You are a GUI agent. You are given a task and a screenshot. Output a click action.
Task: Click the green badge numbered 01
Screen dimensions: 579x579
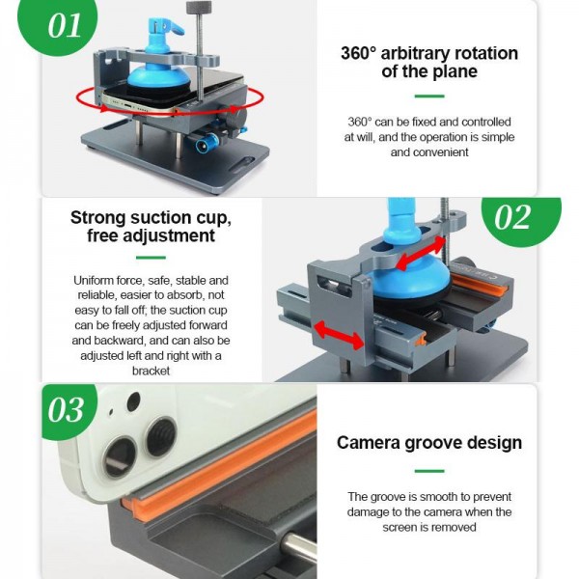click(65, 24)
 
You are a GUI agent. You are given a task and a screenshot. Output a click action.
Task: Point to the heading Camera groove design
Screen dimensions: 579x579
click(428, 443)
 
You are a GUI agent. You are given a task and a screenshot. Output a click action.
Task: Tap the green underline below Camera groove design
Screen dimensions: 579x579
click(428, 471)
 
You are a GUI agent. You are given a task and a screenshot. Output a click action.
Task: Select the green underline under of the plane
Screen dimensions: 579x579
click(428, 96)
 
